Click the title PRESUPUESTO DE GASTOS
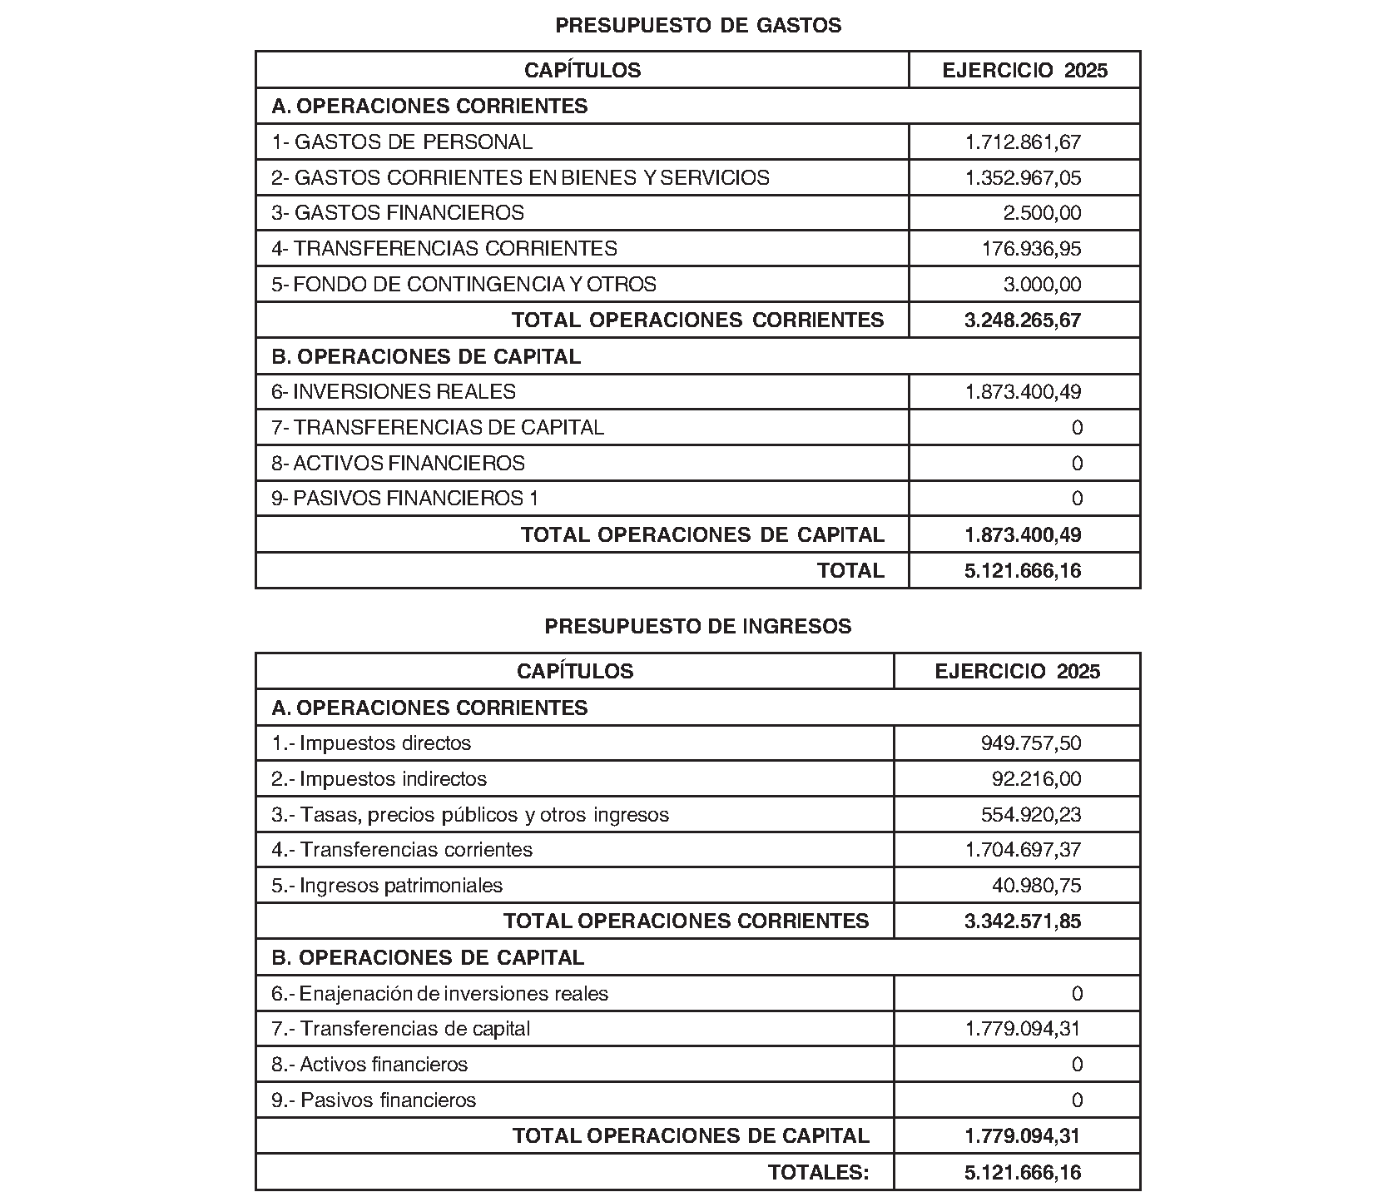(x=698, y=26)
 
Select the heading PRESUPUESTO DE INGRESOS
(x=698, y=627)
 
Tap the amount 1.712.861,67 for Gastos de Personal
(x=1023, y=142)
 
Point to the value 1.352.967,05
(x=1023, y=178)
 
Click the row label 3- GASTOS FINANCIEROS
(x=398, y=213)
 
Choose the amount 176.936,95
(x=1032, y=249)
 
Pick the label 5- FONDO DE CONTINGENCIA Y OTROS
(x=464, y=285)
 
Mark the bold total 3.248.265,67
(x=1023, y=320)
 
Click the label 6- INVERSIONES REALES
(x=394, y=392)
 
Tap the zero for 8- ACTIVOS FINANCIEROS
(x=1077, y=464)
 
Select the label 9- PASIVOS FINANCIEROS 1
(x=405, y=499)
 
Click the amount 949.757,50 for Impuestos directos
(x=1031, y=743)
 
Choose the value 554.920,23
(x=1031, y=815)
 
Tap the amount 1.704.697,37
(x=1023, y=850)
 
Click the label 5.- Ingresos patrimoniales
(x=387, y=886)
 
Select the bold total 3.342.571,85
(x=1023, y=921)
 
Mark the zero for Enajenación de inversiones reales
(x=1077, y=994)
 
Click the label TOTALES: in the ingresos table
(x=818, y=1173)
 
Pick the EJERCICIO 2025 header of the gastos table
(x=1024, y=71)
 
